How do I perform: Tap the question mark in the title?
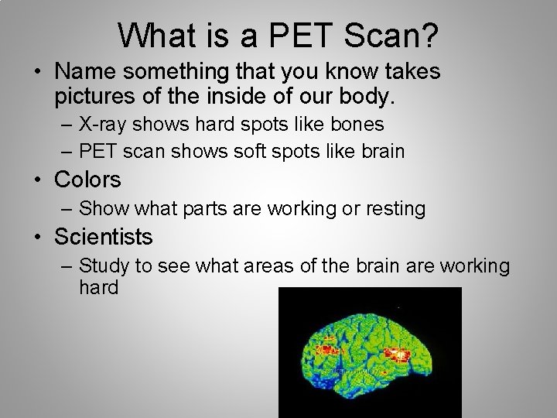428,33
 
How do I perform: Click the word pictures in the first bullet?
94,98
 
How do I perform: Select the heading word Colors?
89,180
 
